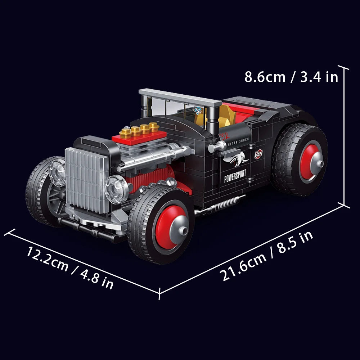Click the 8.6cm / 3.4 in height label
[291, 77]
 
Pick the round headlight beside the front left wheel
[57, 172]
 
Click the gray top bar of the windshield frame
[180, 98]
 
